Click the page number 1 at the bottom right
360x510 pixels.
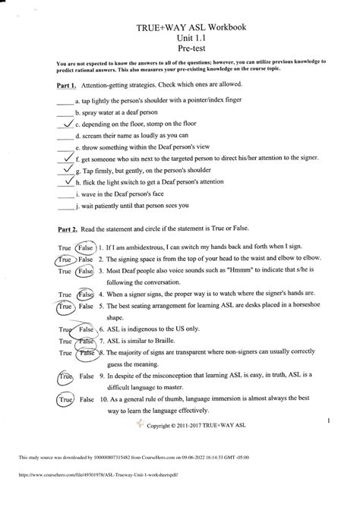click(x=327, y=420)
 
